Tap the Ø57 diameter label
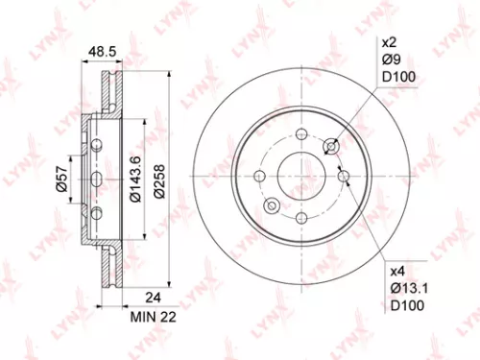[x=60, y=180]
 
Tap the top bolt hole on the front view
[x=300, y=135]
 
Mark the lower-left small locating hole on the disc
[x=273, y=206]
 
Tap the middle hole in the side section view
[x=94, y=180]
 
